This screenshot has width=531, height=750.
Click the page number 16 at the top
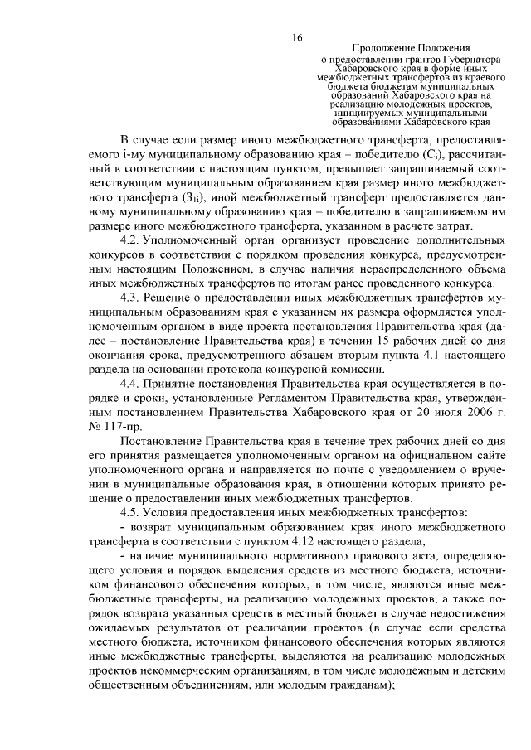(x=296, y=37)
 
